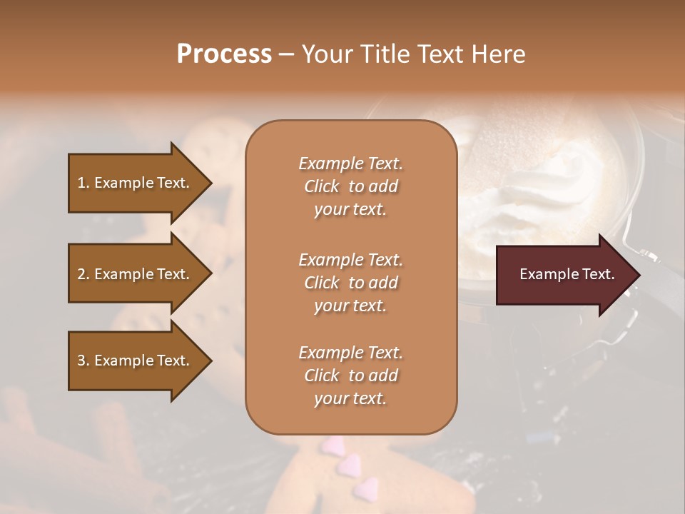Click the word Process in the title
224,54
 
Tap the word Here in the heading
499,54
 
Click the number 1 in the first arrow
81,183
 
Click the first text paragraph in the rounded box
350,186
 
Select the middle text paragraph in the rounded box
350,282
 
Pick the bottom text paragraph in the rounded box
350,376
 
